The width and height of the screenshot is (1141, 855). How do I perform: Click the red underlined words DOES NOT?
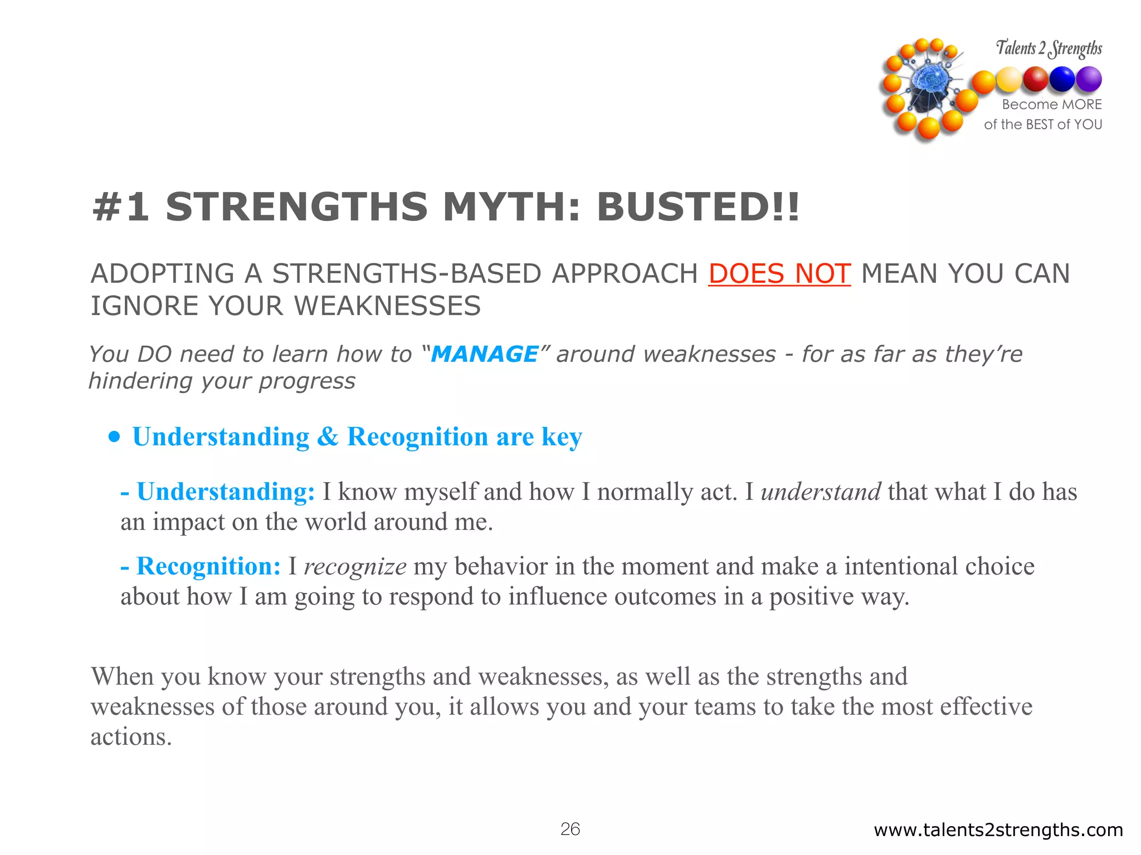[x=779, y=274]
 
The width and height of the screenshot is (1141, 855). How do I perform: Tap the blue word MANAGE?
[x=484, y=354]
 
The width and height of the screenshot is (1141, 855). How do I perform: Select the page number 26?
[x=570, y=829]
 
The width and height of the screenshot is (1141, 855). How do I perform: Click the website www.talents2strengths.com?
[x=998, y=830]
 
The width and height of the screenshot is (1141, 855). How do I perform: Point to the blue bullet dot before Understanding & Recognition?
[x=114, y=437]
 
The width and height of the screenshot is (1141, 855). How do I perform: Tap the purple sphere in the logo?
[x=1088, y=79]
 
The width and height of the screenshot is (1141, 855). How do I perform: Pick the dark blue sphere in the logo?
[x=1062, y=79]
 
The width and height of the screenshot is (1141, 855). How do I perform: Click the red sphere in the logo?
[x=1036, y=79]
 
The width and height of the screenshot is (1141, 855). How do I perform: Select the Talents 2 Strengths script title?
[x=1049, y=48]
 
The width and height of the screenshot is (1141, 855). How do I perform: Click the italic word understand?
[x=821, y=492]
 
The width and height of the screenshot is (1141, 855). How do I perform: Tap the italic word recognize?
[x=355, y=567]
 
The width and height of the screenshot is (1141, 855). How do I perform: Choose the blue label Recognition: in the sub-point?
[x=208, y=567]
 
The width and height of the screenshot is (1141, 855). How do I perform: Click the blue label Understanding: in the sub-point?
[x=226, y=492]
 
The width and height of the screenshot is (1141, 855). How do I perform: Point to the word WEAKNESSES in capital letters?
[x=387, y=306]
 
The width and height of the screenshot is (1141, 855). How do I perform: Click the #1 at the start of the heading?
[x=121, y=207]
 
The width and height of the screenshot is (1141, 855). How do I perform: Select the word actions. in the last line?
[x=131, y=737]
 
